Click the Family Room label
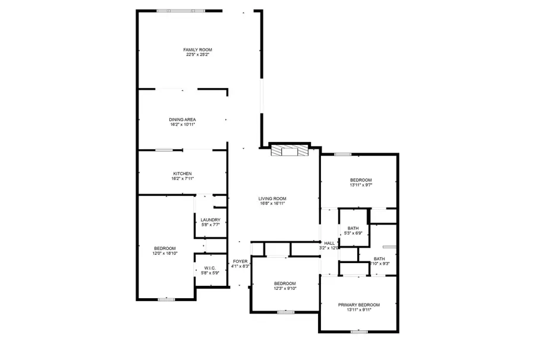[x=197, y=49]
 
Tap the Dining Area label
[x=182, y=119]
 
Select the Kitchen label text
[x=182, y=173]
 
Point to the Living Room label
[x=272, y=198]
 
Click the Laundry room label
[x=210, y=220]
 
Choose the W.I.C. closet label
[x=210, y=268]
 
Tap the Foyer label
[x=240, y=261]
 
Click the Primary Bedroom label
[x=359, y=305]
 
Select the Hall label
[x=329, y=243]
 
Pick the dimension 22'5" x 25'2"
[x=197, y=55]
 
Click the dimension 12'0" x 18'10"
[x=165, y=254]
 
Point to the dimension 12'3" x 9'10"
[x=285, y=289]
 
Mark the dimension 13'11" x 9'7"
[x=360, y=185]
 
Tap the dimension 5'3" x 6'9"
[x=353, y=233]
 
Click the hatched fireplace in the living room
[x=289, y=151]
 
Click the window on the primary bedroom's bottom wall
[x=358, y=331]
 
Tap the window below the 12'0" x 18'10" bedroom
[x=166, y=299]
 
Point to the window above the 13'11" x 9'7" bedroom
[x=342, y=154]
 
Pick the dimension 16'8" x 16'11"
[x=272, y=204]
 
